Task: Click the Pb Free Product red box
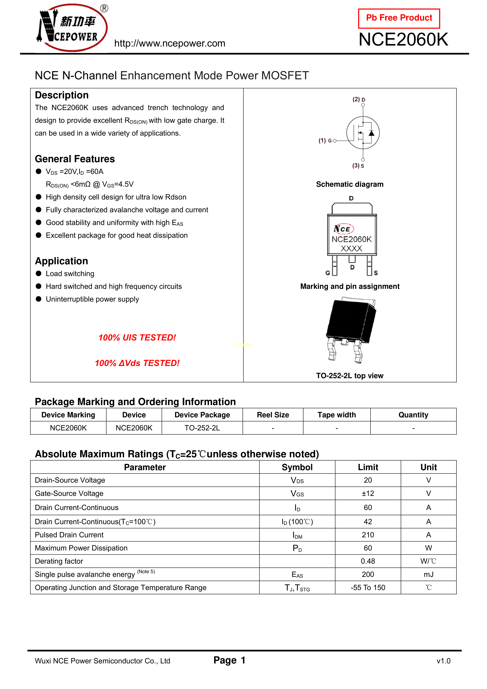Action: pos(399,18)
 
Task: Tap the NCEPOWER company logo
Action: pos(72,28)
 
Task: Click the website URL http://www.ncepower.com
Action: pos(170,44)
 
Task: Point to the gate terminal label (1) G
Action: pos(325,140)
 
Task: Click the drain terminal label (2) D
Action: pos(359,99)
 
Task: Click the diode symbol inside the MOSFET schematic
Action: pos(371,133)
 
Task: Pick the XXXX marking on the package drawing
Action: pos(351,248)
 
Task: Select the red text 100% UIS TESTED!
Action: pos(137,338)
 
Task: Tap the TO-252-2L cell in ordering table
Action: pos(202,428)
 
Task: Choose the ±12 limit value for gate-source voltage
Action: pos(368,493)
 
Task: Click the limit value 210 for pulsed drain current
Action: pos(368,535)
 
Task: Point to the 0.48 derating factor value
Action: pos(368,561)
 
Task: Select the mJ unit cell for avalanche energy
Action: pos(429,574)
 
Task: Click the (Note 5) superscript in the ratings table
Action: pos(146,571)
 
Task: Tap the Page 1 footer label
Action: pos(229,660)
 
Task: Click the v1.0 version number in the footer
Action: pos(443,661)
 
